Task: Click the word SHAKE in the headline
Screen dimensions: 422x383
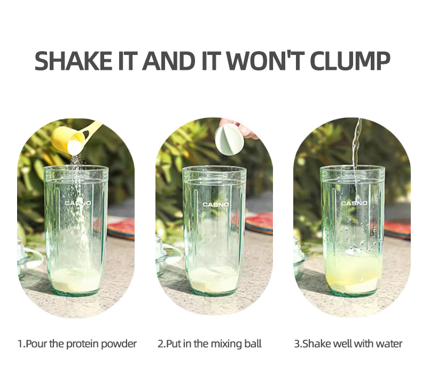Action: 73,60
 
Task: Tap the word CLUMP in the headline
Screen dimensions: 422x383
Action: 351,60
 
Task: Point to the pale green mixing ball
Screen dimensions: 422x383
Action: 229,140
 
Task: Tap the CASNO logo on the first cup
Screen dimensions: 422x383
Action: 78,203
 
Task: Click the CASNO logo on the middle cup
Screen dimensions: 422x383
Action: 216,204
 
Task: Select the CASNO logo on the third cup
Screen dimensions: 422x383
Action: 354,203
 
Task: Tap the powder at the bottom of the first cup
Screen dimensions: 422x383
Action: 76,280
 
